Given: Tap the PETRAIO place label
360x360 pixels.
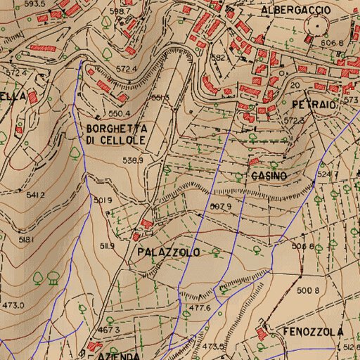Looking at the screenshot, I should click(x=314, y=103).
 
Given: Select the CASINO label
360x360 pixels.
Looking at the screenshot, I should click(x=268, y=176).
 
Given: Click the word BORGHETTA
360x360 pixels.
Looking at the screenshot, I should click(x=117, y=129).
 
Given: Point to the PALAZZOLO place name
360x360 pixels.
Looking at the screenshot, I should click(x=169, y=252).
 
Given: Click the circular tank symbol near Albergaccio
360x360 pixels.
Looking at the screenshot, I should click(x=317, y=27).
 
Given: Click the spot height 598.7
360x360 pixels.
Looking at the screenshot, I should click(x=120, y=11).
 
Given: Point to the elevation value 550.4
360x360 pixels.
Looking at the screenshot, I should click(x=120, y=113).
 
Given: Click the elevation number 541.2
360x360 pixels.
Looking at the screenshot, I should click(x=35, y=195).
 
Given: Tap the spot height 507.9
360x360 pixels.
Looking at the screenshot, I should click(x=221, y=206).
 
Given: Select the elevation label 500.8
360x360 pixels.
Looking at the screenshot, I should click(x=308, y=290).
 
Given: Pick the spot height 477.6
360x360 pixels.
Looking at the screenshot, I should click(x=200, y=308).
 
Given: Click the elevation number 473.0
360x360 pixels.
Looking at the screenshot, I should click(x=13, y=305).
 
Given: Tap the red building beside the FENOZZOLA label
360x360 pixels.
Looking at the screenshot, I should click(x=262, y=330).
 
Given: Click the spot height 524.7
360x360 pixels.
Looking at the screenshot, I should click(x=328, y=174).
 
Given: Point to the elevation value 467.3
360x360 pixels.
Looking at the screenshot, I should click(x=109, y=329).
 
